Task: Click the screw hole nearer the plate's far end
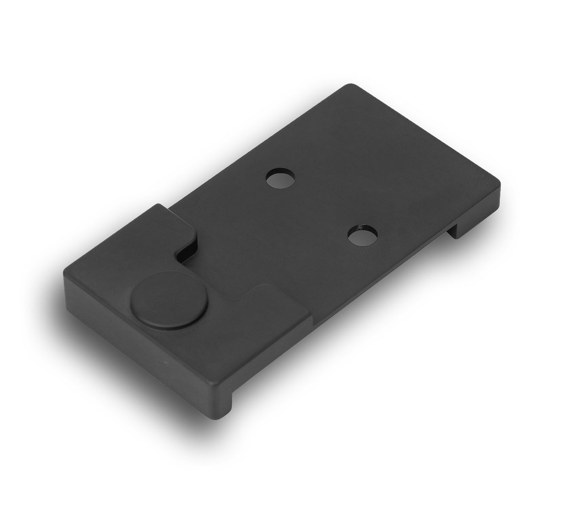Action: pos(280,178)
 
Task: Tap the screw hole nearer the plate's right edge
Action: pos(363,235)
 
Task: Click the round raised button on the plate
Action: pos(169,300)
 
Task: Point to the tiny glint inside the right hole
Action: pos(359,228)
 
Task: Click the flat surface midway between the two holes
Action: pos(322,207)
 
